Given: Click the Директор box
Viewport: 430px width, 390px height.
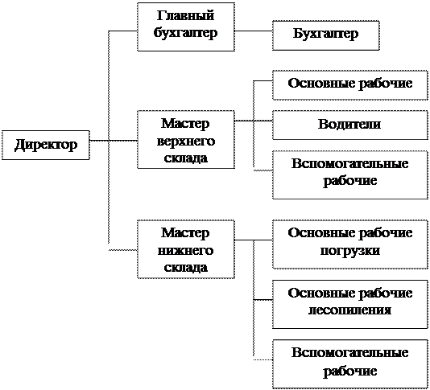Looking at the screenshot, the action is (x=46, y=145).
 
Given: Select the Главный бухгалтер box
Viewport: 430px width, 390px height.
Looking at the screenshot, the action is (x=186, y=27).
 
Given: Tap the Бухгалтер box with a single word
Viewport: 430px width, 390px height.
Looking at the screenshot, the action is (x=326, y=35).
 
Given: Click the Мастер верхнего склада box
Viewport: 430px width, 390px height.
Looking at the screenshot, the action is (x=186, y=139).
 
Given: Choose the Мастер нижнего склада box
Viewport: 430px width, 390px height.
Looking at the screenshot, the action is (x=186, y=249).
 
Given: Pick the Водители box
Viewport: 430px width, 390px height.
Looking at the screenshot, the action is (x=350, y=125).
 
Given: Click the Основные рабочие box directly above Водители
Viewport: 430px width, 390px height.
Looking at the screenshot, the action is (x=350, y=85).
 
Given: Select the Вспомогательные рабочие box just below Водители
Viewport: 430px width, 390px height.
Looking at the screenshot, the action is (x=350, y=174).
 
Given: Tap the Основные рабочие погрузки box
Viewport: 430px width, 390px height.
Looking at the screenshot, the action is (x=350, y=244).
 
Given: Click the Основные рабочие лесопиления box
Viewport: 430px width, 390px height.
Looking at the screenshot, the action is (x=350, y=304).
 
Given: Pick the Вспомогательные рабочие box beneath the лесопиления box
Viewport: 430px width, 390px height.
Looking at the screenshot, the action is (x=350, y=364).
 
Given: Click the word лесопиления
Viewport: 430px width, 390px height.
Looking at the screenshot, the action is (x=350, y=310).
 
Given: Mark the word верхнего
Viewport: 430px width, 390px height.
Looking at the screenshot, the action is (x=186, y=142).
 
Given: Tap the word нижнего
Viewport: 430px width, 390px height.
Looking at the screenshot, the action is (x=186, y=251).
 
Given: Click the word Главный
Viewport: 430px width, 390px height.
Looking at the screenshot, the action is (x=185, y=15).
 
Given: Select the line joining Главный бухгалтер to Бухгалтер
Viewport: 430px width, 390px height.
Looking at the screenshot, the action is (x=254, y=31).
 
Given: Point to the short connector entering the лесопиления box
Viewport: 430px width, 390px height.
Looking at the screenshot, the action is (x=263, y=300).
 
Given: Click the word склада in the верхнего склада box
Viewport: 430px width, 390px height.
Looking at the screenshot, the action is (x=186, y=158).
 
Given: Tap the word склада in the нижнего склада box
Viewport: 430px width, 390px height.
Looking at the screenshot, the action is (x=186, y=268).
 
